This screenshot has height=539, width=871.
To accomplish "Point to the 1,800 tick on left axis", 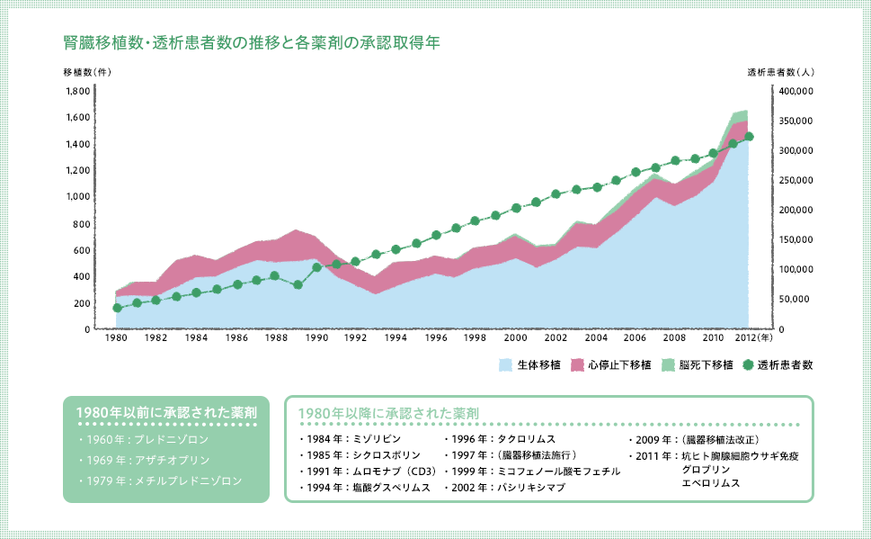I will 78,91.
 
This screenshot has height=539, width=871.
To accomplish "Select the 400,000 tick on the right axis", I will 795,91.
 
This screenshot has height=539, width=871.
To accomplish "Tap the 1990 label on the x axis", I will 316,338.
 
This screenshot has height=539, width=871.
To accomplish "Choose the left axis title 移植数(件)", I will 87,71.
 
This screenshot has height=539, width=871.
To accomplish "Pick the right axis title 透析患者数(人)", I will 780,71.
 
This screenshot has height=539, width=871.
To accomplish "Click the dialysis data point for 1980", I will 117,308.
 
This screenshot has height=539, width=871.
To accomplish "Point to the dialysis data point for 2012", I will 750,137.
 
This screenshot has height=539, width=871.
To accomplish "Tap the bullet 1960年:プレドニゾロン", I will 144,439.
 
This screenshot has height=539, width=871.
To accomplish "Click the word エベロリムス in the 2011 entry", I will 712,483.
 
